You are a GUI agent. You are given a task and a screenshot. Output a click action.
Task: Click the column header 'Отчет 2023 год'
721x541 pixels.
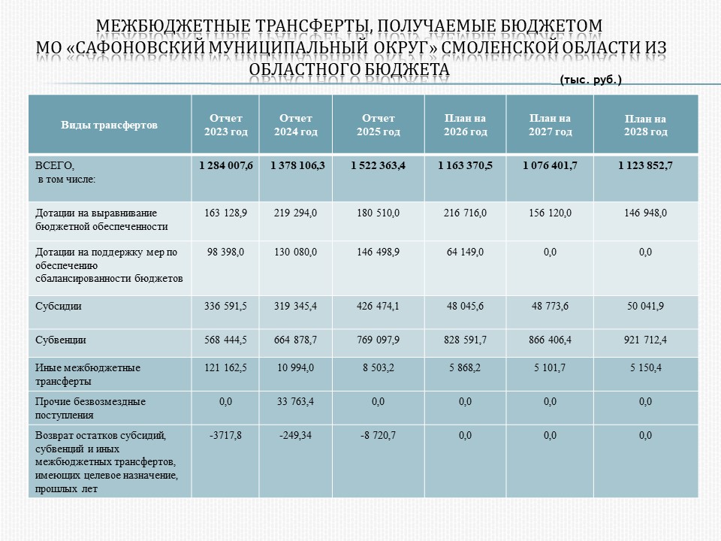225,125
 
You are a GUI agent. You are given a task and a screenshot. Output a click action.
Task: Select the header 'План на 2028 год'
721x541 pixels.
645,125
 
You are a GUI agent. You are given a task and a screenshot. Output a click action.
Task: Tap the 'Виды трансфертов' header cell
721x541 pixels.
110,125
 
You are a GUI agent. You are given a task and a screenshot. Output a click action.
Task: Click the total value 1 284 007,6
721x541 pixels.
225,165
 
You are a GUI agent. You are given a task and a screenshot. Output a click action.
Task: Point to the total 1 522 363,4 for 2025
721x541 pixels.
378,165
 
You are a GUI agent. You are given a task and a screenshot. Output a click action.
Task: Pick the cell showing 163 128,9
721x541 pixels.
225,213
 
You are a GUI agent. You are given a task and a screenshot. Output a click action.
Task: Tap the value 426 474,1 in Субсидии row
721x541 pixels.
378,307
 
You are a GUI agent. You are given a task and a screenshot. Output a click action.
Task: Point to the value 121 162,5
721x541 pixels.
225,368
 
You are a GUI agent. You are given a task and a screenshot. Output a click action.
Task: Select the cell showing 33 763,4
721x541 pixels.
295,402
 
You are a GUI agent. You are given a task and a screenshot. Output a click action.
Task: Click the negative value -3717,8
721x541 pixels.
225,436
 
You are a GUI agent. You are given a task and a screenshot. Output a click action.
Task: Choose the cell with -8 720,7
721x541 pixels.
378,436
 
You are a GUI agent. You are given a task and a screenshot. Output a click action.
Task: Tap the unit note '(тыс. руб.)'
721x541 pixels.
590,79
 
